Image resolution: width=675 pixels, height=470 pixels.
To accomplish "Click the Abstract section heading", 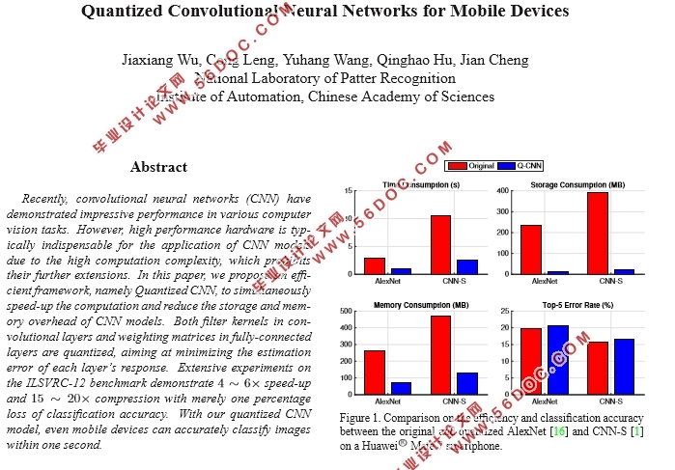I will coord(158,167).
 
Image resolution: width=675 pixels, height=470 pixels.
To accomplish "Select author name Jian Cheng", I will coord(495,60).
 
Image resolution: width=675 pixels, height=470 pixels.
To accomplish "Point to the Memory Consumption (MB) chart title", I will coord(420,306).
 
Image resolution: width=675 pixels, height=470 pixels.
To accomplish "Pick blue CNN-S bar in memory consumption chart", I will coord(465,383).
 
